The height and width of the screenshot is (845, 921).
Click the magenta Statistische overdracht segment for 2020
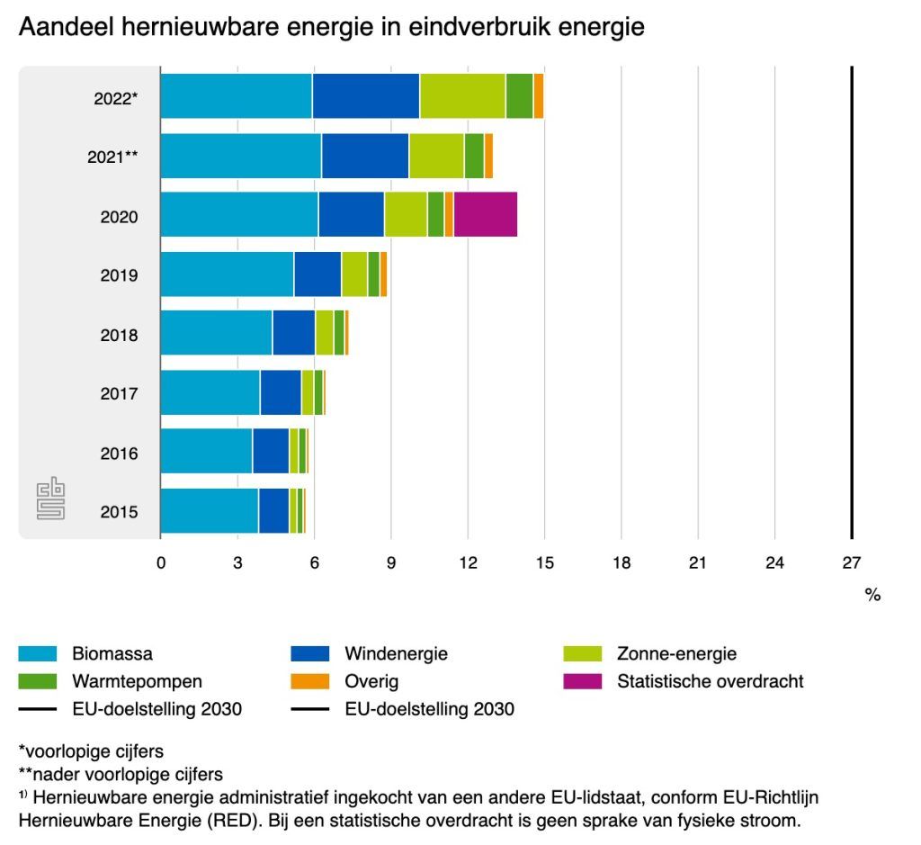click(486, 215)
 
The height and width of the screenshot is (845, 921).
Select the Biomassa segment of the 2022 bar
click(236, 96)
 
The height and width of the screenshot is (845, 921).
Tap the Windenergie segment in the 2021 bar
click(365, 156)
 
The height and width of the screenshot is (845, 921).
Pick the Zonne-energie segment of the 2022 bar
click(462, 96)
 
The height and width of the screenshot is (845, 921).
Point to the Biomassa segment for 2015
click(209, 511)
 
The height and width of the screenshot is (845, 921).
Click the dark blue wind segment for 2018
click(293, 333)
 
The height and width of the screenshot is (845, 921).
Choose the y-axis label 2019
click(119, 274)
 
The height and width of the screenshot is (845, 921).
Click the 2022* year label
click(115, 98)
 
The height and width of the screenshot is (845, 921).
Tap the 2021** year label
click(112, 157)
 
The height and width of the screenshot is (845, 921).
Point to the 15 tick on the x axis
click(543, 563)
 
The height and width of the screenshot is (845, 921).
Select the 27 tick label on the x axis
click(851, 563)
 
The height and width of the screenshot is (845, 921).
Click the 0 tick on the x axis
click(161, 563)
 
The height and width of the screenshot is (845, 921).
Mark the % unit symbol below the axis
click(872, 595)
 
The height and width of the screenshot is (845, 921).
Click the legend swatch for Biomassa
click(38, 654)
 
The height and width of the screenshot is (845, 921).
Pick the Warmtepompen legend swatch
click(38, 681)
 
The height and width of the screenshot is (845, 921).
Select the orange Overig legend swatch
click(310, 681)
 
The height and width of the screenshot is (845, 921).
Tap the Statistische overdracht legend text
click(710, 681)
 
